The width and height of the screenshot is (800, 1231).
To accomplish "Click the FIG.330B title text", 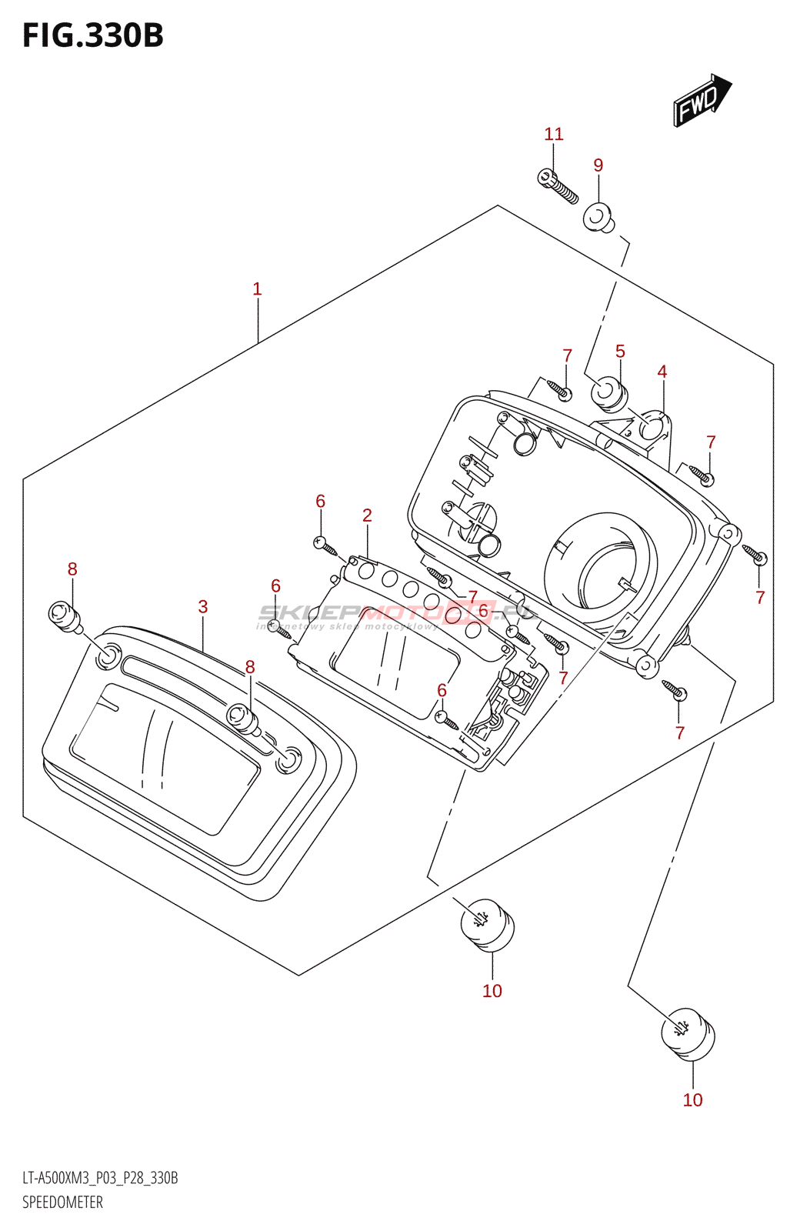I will point(93,36).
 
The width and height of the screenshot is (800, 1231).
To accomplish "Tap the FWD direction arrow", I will point(701,101).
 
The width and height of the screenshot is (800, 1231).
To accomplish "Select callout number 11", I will point(554,134).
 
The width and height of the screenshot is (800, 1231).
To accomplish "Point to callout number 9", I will point(598,165).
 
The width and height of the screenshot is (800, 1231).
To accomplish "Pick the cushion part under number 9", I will point(598,217).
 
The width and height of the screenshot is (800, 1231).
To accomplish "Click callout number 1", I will point(257,289).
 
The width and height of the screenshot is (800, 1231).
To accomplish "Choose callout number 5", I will point(620,351).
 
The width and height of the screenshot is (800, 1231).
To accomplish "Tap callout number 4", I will point(662,372).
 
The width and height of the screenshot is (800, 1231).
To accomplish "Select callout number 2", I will point(367,515).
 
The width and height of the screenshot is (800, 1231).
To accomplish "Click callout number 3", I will point(202,606).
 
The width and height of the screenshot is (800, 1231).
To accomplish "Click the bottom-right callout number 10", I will point(692,1099).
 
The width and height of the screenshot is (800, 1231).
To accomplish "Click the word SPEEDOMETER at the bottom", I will point(62,1202).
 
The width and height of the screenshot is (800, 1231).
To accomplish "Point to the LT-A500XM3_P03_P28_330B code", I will point(100,1178).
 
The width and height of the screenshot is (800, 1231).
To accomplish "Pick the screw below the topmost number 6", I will point(326,546).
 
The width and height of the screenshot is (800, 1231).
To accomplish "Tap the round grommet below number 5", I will point(609,392).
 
